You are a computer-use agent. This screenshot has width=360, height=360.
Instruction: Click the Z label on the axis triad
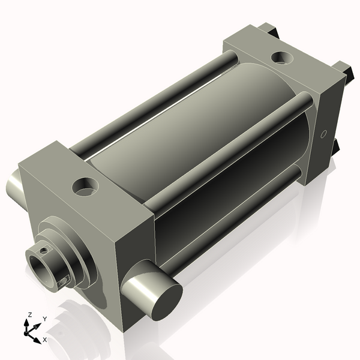[x=29, y=315]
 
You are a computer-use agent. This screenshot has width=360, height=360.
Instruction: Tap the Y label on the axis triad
[x=45, y=319]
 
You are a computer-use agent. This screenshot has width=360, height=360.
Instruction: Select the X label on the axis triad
[x=45, y=340]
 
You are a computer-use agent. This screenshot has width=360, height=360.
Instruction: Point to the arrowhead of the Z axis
[x=26, y=323]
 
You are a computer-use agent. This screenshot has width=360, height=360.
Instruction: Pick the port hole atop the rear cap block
[x=282, y=58]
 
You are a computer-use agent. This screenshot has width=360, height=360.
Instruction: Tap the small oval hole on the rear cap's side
[x=323, y=134]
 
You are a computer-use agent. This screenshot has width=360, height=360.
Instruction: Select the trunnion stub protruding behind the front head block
[x=14, y=186]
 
